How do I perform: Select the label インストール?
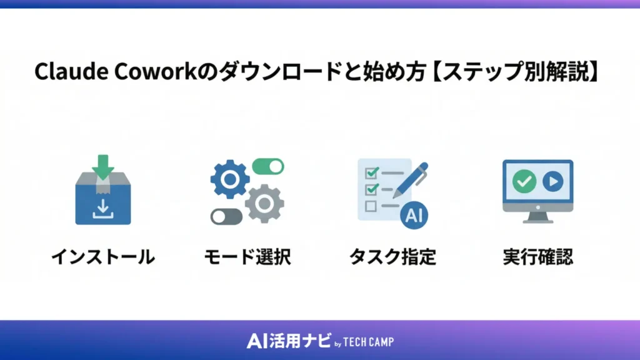tap(103, 257)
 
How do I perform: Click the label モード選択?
tap(247, 257)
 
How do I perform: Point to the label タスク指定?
tap(392, 257)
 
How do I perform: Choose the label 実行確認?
tap(537, 257)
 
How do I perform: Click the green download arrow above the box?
tap(104, 166)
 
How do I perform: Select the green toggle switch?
tap(267, 166)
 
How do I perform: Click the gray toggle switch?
tap(226, 216)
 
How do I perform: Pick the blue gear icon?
tap(229, 179)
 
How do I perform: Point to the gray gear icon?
tap(264, 203)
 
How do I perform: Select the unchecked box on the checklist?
tap(370, 205)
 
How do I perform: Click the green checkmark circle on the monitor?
tap(523, 182)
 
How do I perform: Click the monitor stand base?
tap(537, 219)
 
